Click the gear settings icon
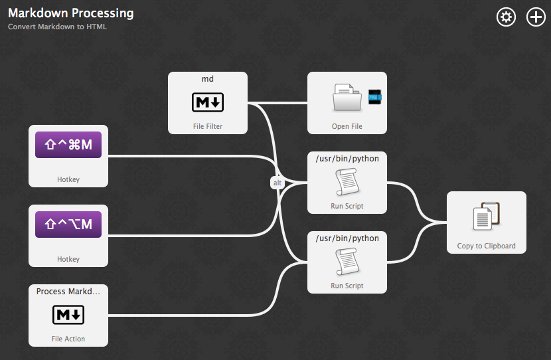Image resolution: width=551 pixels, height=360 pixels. [x=506, y=17]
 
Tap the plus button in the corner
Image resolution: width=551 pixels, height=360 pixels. [x=536, y=17]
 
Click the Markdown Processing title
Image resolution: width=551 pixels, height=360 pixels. [x=70, y=13]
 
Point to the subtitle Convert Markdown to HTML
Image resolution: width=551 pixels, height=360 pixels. [x=57, y=27]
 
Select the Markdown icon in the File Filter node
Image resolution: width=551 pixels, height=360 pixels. [x=208, y=102]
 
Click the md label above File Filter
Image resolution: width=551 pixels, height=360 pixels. [x=208, y=79]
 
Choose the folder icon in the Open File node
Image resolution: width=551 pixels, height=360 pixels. [x=347, y=98]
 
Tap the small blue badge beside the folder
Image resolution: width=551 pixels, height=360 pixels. [x=375, y=97]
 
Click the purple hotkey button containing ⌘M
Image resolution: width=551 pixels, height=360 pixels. [x=68, y=144]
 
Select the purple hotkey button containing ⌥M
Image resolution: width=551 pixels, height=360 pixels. [x=68, y=224]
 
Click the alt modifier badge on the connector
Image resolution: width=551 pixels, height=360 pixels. [x=277, y=183]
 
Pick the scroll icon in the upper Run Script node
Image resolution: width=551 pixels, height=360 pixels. [x=347, y=181]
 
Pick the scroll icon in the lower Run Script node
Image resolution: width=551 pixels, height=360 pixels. [x=347, y=262]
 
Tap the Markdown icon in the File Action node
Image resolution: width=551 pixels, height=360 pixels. [x=68, y=315]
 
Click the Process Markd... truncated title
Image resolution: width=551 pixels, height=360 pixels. [x=68, y=292]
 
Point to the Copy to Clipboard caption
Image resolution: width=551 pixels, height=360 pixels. [x=486, y=246]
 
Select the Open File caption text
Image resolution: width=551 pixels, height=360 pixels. [x=347, y=126]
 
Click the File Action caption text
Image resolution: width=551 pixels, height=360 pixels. [x=68, y=339]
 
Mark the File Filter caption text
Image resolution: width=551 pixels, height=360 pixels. [x=208, y=126]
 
